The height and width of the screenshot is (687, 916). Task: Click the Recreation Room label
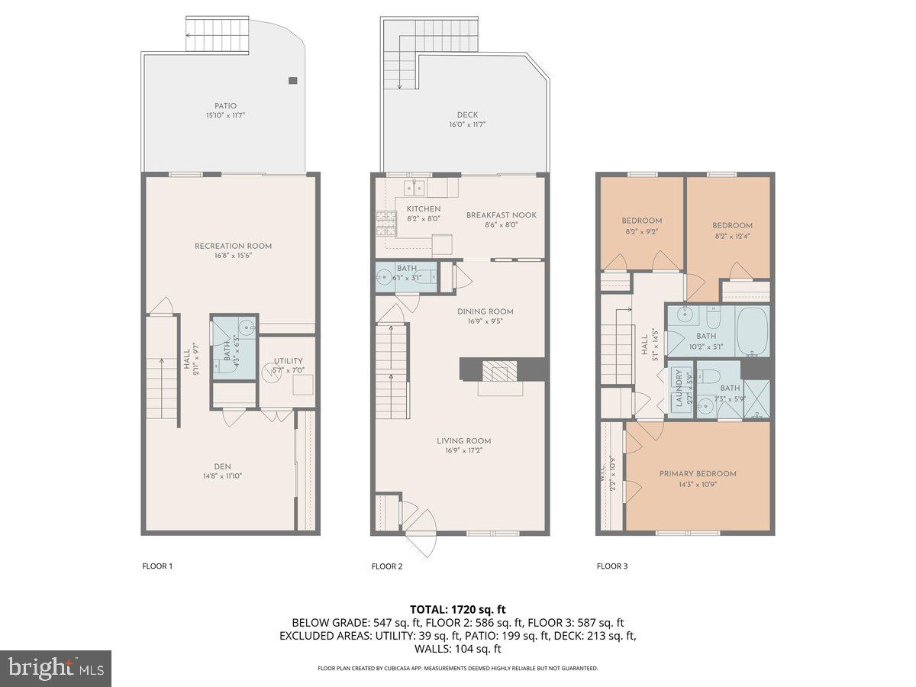(233, 246)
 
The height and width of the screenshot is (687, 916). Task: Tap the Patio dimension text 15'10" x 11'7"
(225, 115)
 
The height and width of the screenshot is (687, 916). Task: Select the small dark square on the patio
(293, 80)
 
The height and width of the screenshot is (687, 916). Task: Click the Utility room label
(289, 361)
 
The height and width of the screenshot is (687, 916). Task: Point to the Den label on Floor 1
(222, 466)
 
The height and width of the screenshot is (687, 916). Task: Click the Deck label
(467, 115)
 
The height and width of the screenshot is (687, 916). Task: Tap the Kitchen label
(423, 209)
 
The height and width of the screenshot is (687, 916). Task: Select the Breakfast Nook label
(501, 215)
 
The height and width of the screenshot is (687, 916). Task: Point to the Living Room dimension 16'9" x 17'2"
(463, 450)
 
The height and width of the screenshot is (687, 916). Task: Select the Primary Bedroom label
(698, 473)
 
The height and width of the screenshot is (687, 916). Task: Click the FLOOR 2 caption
(386, 566)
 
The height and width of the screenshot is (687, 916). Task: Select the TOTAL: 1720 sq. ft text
(458, 609)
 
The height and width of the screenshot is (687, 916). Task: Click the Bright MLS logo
(56, 668)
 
